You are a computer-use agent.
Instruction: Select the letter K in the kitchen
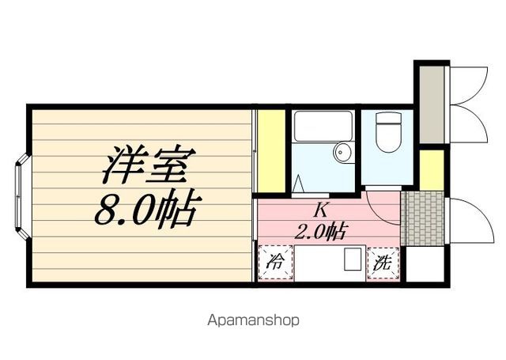point(321,211)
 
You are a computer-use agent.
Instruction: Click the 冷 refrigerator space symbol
point(275,263)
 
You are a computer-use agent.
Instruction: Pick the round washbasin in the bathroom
point(343,152)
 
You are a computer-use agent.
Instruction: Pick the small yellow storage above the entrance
point(432,169)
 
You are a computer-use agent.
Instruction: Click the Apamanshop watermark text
point(253,321)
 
